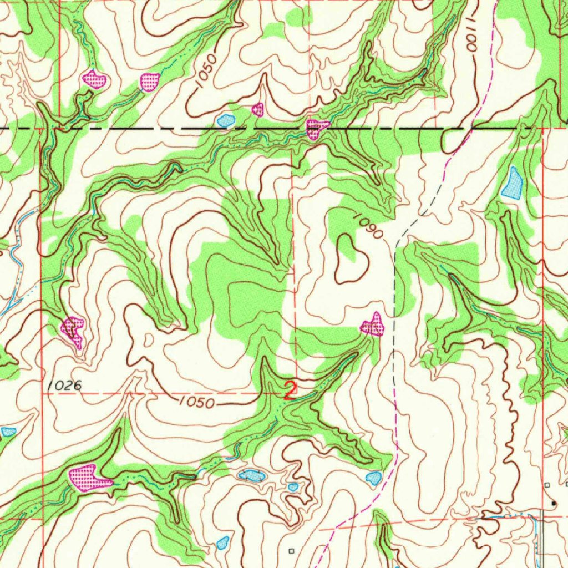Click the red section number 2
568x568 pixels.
point(290,390)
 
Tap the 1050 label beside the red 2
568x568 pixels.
point(197,403)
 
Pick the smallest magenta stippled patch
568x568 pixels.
point(257,109)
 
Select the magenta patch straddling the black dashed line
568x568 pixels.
point(316,128)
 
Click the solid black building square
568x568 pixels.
point(553,503)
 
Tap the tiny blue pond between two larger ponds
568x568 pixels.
point(293,487)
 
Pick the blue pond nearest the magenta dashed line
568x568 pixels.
point(374,478)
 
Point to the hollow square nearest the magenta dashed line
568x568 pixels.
point(292,551)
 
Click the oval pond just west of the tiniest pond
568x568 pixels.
point(251,475)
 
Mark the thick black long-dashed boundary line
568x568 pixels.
point(166,128)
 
